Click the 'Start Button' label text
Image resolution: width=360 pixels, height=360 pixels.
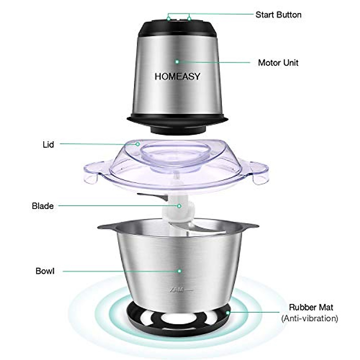pos(278,15)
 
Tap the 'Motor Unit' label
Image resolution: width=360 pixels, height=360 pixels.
pos(278,63)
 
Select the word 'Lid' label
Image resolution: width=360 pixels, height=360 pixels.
pos(48,145)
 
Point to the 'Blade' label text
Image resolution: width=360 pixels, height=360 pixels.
pos(43,206)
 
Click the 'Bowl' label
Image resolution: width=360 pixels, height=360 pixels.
pos(45,271)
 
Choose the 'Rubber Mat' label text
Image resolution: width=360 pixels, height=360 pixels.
pos(311,307)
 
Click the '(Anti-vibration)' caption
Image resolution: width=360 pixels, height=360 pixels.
pos(310,318)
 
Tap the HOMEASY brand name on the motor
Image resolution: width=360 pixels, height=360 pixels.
pos(177,76)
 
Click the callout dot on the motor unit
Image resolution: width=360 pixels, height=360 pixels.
pos(177,61)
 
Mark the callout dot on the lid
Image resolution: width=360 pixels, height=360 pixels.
pos(137,144)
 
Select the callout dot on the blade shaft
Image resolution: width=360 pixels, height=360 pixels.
pos(179,206)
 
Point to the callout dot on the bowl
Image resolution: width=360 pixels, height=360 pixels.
pos(179,271)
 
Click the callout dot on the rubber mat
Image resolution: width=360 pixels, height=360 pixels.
pos(228,312)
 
